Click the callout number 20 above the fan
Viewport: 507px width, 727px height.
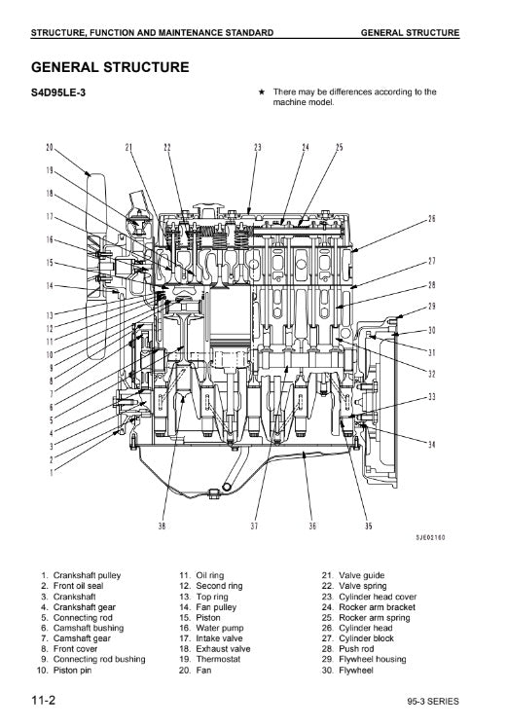click(50, 147)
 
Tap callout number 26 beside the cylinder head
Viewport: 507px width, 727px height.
click(432, 218)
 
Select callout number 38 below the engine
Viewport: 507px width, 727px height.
click(162, 526)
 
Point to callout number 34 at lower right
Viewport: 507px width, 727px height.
click(432, 445)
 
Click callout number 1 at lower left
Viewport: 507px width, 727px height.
click(52, 472)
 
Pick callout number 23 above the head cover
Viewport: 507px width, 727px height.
click(258, 147)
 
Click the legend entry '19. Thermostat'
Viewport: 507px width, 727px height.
click(210, 659)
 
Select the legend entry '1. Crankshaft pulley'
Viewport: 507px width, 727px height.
click(81, 575)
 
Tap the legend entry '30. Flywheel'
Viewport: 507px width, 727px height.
click(347, 670)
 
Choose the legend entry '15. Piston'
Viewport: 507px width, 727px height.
click(199, 618)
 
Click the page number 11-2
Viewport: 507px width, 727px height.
click(43, 700)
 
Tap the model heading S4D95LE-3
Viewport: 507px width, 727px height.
click(58, 92)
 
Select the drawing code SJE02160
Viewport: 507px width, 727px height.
click(430, 537)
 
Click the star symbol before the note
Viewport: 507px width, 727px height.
click(262, 91)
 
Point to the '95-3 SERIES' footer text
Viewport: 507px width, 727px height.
click(433, 701)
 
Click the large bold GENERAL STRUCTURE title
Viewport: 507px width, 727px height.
click(110, 67)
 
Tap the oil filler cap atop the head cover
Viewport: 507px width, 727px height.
click(210, 207)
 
